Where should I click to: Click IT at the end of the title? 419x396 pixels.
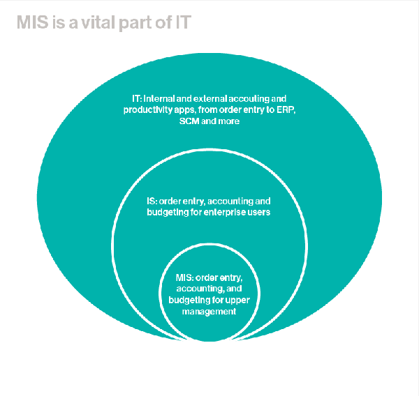tap(183, 22)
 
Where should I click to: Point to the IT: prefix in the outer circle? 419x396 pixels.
tap(137, 99)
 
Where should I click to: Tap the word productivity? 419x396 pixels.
tap(148, 110)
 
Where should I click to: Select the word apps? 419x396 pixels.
tap(185, 110)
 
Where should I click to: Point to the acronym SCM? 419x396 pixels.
tap(189, 121)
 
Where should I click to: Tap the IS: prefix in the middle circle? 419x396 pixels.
tap(152, 201)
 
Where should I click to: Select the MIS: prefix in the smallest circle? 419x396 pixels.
tap(184, 277)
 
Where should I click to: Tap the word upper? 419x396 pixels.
tap(237, 300)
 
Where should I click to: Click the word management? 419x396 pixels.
tap(209, 312)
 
